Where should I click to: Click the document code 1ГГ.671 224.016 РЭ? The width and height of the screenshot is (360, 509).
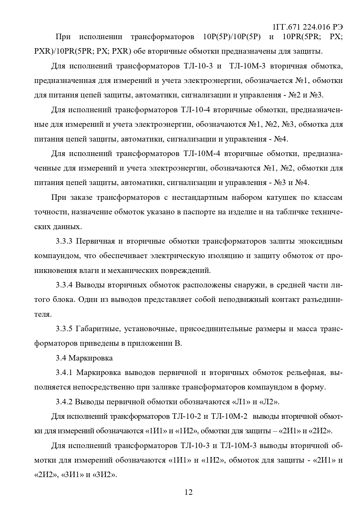click(x=307, y=27)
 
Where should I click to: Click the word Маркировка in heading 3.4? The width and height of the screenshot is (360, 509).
click(x=91, y=358)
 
